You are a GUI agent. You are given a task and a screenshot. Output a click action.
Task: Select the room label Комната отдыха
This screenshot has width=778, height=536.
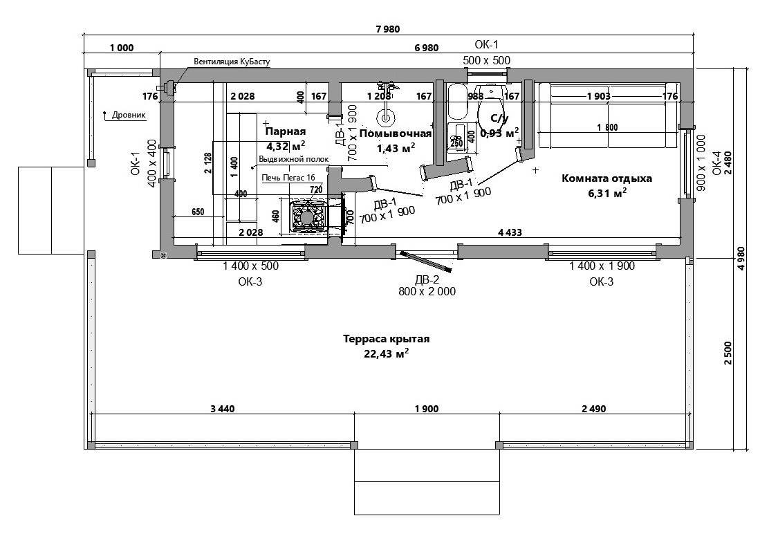[606, 178]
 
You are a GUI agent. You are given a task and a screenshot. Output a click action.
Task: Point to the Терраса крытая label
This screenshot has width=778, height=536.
[387, 339]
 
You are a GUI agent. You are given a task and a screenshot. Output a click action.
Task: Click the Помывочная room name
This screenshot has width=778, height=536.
[395, 133]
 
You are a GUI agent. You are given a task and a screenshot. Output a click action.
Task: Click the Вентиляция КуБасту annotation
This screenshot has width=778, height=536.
[231, 62]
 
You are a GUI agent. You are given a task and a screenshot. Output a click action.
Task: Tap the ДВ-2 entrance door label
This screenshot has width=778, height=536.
[427, 280]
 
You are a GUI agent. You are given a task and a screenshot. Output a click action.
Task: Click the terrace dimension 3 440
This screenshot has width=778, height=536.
[223, 409]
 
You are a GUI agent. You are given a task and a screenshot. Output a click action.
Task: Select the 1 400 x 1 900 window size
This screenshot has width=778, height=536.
[602, 266]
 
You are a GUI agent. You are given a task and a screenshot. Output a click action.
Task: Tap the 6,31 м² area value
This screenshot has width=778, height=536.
[607, 194]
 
